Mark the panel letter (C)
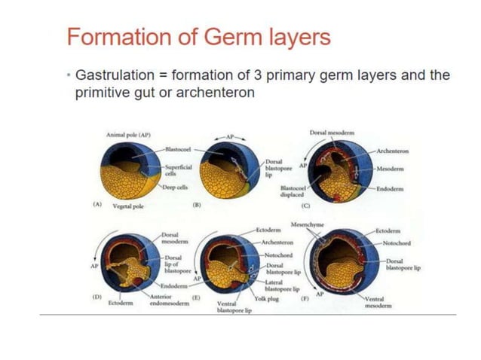click(x=305, y=205)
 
